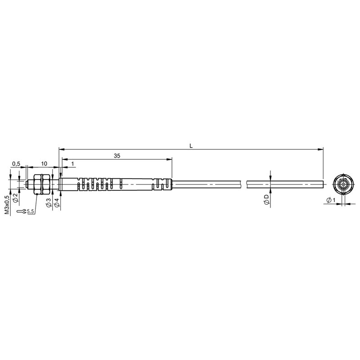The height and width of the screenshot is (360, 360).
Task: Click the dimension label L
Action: pyautogui.click(x=191, y=145)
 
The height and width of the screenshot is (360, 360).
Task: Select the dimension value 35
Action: pyautogui.click(x=117, y=156)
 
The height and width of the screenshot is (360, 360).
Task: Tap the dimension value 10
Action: pyautogui.click(x=44, y=163)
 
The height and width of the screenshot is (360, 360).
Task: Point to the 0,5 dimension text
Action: pyautogui.click(x=16, y=163)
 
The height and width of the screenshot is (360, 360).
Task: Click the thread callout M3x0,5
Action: pyautogui.click(x=7, y=205)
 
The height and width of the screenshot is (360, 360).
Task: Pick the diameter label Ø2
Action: pyautogui.click(x=15, y=198)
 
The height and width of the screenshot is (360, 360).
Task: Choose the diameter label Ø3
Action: pyautogui.click(x=49, y=202)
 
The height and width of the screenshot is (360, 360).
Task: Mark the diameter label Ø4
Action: pyautogui.click(x=57, y=202)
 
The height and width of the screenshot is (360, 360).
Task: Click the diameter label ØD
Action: pyautogui.click(x=266, y=199)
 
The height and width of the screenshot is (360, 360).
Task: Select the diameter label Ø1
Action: pyautogui.click(x=331, y=200)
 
